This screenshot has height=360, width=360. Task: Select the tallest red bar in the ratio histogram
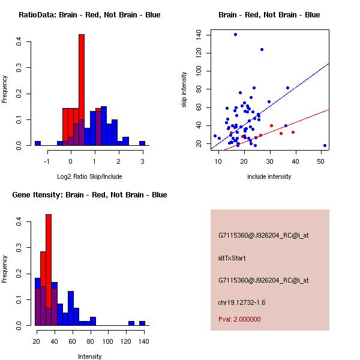82,90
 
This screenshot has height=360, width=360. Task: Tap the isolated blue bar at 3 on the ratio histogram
142,143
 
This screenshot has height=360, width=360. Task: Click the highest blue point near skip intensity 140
235,34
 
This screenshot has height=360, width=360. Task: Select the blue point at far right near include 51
325,145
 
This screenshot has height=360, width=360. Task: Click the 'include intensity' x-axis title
269,176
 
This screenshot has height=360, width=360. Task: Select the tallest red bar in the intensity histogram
49,270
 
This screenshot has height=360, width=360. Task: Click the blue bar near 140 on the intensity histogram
142,323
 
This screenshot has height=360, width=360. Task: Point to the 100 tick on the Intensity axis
107,341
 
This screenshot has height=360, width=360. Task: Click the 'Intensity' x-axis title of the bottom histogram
89,356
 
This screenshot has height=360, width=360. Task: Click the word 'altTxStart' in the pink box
232,258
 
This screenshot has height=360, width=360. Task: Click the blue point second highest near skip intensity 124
262,49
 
